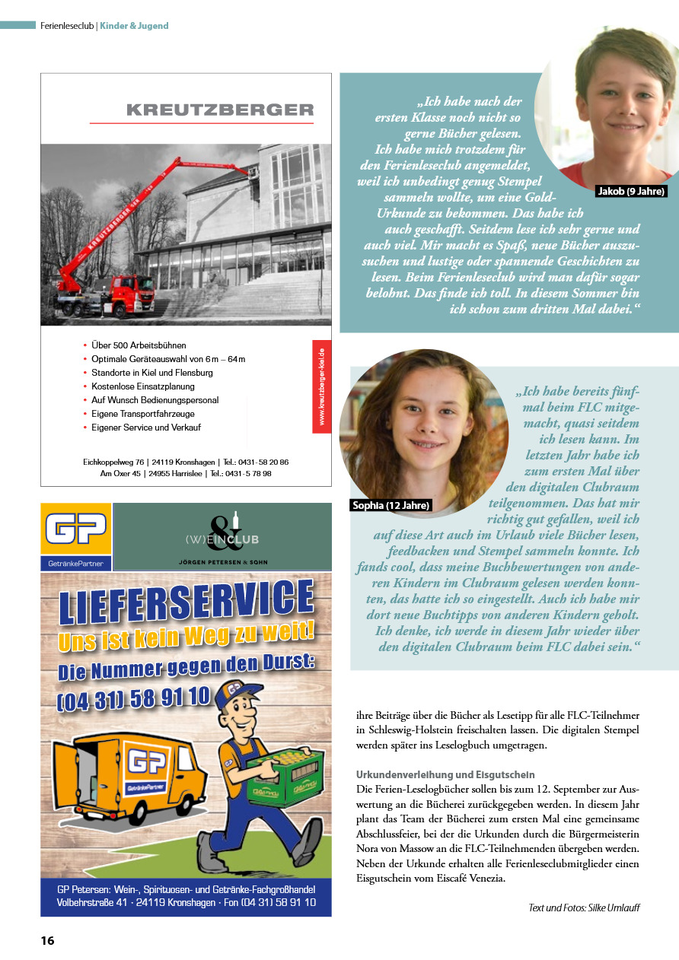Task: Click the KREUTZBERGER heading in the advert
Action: click(x=220, y=110)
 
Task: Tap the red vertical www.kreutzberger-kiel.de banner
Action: click(x=321, y=386)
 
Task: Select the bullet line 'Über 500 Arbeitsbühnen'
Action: click(x=139, y=345)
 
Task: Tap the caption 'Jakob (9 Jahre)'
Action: click(x=631, y=191)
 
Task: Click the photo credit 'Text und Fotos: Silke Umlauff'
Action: click(x=584, y=908)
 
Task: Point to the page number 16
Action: click(x=47, y=940)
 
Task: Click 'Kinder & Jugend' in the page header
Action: click(x=134, y=26)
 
